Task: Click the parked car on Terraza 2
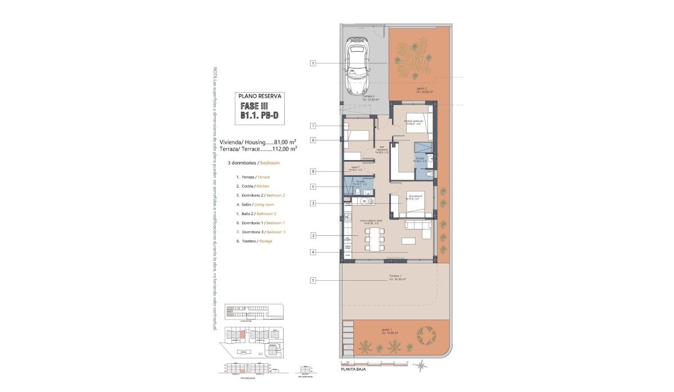(357, 65)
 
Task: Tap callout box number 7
(313, 125)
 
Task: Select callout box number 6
(313, 140)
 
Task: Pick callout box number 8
(313, 171)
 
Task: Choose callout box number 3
(313, 203)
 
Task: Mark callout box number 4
(313, 252)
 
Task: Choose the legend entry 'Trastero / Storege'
(254, 241)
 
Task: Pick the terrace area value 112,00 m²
(284, 149)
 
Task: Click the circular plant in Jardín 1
(426, 336)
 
